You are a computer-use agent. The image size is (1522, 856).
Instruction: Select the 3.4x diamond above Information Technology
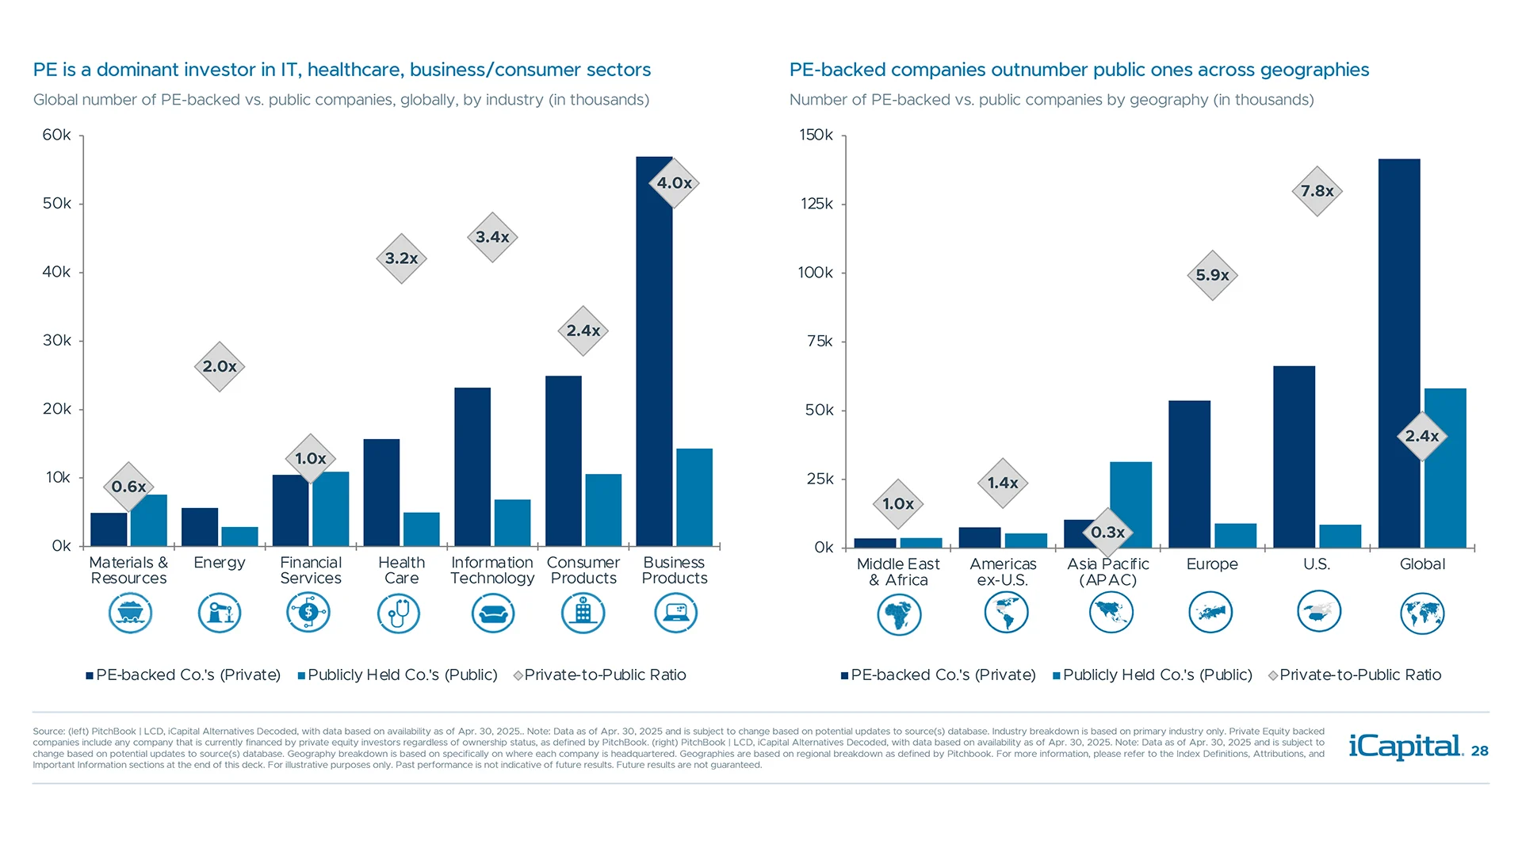coord(492,237)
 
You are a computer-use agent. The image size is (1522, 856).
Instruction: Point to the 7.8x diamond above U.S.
coord(1317,191)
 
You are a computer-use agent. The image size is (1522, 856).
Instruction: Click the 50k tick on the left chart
coord(57,204)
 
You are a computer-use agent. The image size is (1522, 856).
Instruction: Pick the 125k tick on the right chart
coord(816,204)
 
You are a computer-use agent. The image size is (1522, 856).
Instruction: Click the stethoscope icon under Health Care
coord(399,613)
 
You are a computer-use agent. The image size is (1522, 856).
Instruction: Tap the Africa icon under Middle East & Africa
coord(899,614)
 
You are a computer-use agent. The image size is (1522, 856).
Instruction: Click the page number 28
coord(1479,751)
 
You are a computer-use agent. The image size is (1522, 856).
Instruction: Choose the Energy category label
coord(220,563)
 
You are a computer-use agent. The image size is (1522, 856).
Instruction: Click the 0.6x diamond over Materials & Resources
coord(128,487)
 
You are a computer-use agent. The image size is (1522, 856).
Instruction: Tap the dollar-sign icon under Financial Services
coord(308,613)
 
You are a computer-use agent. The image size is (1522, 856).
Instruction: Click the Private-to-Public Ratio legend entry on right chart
coord(1359,675)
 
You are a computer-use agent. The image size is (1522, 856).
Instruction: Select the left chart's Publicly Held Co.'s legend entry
coord(402,675)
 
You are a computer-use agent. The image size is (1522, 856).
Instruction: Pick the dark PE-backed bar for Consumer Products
coord(564,460)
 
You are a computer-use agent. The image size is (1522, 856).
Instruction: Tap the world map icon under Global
coord(1422,614)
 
